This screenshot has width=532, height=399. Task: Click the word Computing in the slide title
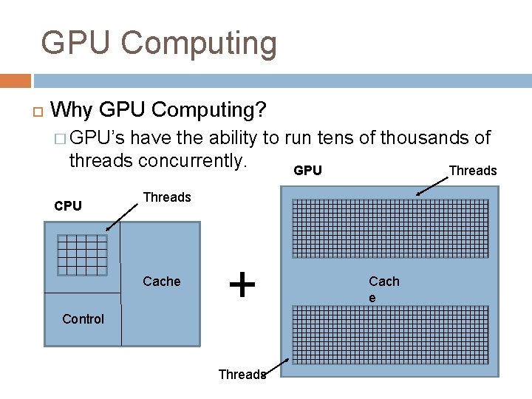tap(199, 44)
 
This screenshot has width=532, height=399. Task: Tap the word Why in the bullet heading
tap(72, 111)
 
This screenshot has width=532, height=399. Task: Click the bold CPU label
tap(68, 206)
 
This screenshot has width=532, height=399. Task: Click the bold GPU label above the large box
tap(307, 171)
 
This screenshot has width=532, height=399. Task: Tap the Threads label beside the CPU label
tap(167, 197)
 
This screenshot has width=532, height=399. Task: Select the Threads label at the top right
tap(473, 171)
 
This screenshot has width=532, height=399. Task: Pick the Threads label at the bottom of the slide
tap(242, 375)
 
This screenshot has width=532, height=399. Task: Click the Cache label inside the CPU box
tap(162, 282)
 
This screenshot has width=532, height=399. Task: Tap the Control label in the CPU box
tap(83, 319)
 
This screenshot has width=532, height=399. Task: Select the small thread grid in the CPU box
tap(82, 254)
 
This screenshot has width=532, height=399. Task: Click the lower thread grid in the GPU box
tap(391, 335)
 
